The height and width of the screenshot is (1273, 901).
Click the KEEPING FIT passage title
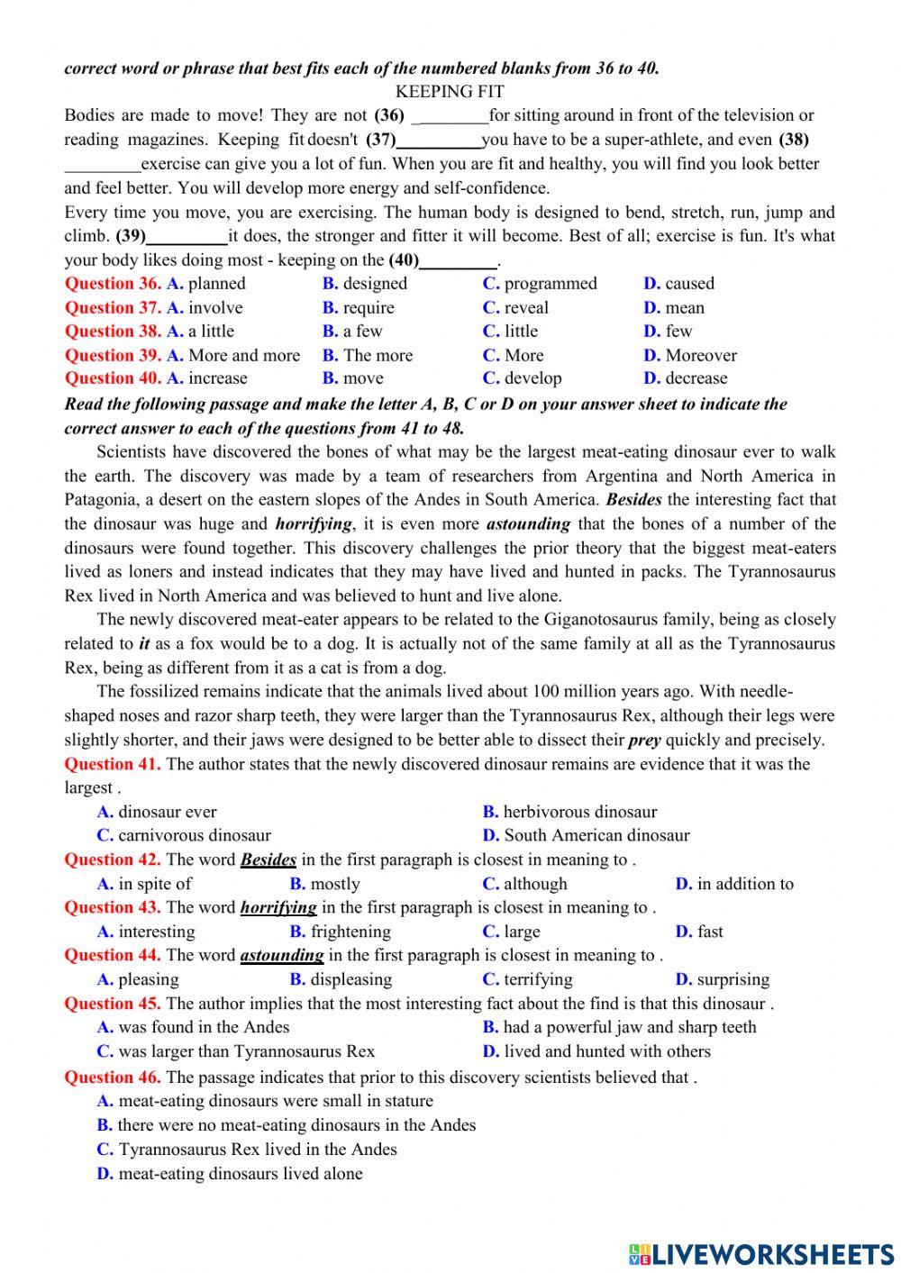tap(450, 92)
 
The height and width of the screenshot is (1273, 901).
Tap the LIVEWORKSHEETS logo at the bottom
tap(761, 1253)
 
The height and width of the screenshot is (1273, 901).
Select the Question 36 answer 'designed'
tap(375, 284)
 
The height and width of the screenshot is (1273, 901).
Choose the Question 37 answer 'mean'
tap(685, 308)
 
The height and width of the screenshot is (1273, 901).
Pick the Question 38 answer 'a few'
tap(362, 332)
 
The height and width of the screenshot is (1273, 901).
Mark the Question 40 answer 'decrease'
tap(696, 379)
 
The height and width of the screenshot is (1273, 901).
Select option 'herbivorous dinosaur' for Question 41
tap(579, 812)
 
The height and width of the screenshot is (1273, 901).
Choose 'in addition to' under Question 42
tap(745, 884)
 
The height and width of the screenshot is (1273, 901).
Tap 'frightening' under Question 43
tap(350, 932)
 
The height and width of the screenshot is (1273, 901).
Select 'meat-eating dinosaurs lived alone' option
tap(240, 1174)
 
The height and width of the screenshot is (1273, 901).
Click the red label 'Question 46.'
tap(113, 1077)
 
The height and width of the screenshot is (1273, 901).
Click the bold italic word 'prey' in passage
tap(644, 741)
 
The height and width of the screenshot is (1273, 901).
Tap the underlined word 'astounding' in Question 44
tap(281, 956)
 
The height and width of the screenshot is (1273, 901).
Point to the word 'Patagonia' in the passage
tap(99, 500)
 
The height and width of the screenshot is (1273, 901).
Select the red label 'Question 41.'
tap(113, 765)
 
